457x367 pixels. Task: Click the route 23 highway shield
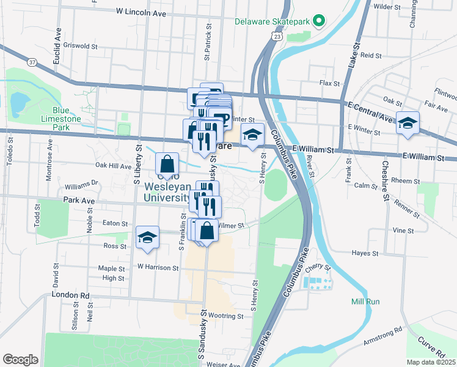tap(278, 37)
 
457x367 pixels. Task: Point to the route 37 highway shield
tap(32, 62)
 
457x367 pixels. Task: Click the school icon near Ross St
tap(147, 237)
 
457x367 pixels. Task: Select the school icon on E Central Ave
tap(408, 123)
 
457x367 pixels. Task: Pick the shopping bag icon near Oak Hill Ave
tap(167, 163)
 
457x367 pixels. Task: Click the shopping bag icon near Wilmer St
tap(207, 231)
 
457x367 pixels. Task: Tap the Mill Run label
tap(365, 302)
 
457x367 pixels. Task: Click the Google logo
tap(20, 360)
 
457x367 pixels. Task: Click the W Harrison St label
tap(158, 267)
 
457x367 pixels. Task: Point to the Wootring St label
tap(225, 316)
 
